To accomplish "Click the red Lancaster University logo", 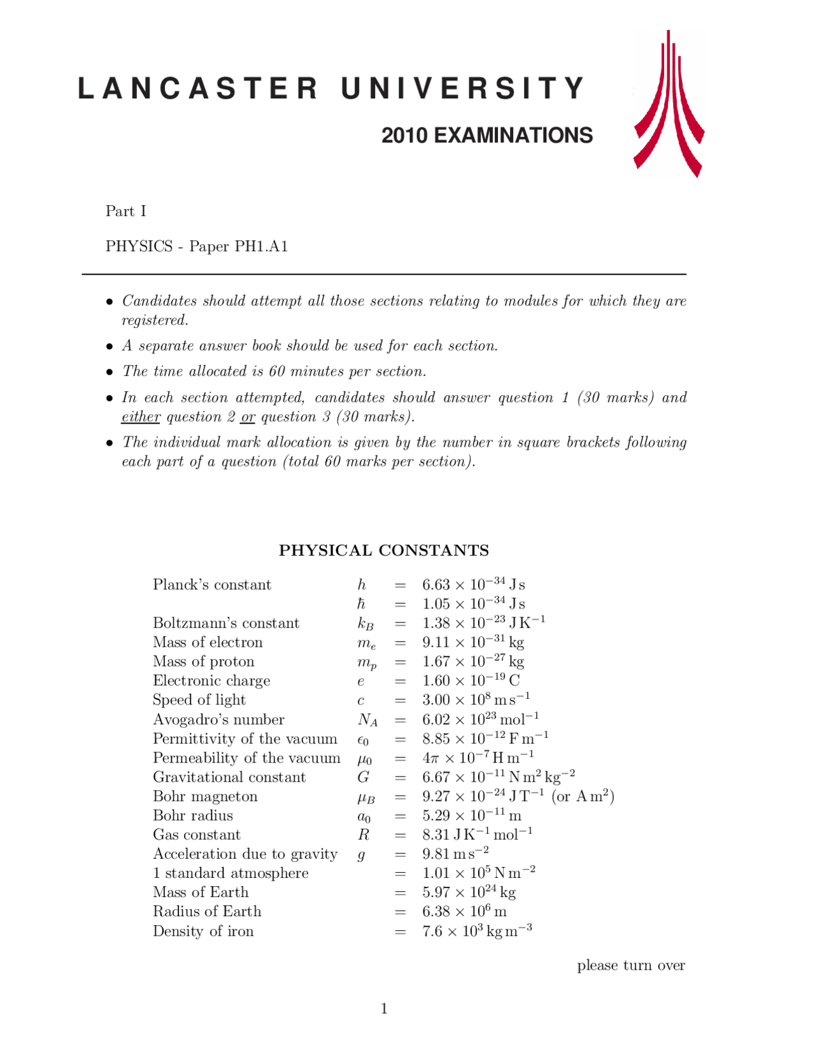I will [669, 105].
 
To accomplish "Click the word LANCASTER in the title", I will [197, 89].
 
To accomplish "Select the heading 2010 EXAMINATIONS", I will [487, 136].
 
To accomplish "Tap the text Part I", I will [126, 211].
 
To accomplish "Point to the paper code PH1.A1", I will [262, 247].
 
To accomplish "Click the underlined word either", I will [141, 417].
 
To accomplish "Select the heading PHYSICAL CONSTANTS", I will [384, 550].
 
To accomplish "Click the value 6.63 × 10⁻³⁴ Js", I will [473, 584].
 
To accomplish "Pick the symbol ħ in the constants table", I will [361, 604].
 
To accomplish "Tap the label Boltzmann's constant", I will [225, 623].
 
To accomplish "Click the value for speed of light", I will [476, 700].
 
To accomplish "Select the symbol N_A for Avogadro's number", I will [367, 720].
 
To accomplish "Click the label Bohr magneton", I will [205, 796].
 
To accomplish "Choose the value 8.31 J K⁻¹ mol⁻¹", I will [477, 835].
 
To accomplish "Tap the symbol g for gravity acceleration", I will [361, 855].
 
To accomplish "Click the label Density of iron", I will [203, 931].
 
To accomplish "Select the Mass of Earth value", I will [469, 893].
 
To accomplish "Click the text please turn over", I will [630, 965].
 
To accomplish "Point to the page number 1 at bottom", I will [384, 1008].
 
